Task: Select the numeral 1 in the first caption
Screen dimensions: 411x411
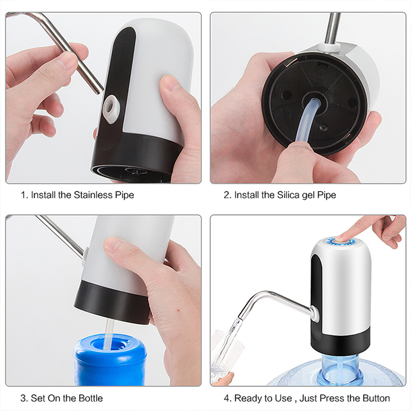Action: click(x=23, y=195)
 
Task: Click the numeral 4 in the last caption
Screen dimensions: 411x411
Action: click(x=227, y=398)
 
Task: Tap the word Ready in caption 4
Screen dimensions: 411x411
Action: click(x=247, y=398)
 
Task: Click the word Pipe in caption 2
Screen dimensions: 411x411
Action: click(x=327, y=195)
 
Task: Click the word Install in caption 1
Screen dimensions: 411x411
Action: click(x=43, y=195)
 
